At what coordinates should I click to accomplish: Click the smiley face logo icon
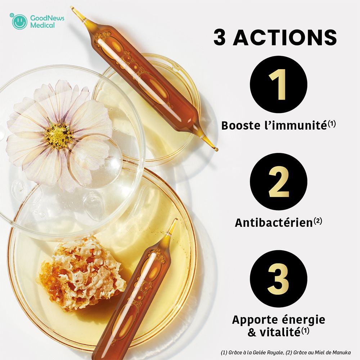pyautogui.click(x=19, y=22)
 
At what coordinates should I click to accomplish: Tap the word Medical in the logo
pyautogui.click(x=42, y=25)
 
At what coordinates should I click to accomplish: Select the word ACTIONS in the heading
pyautogui.click(x=285, y=38)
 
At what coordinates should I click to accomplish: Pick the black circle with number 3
pyautogui.click(x=278, y=279)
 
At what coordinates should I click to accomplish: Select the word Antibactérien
pyautogui.click(x=273, y=223)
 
